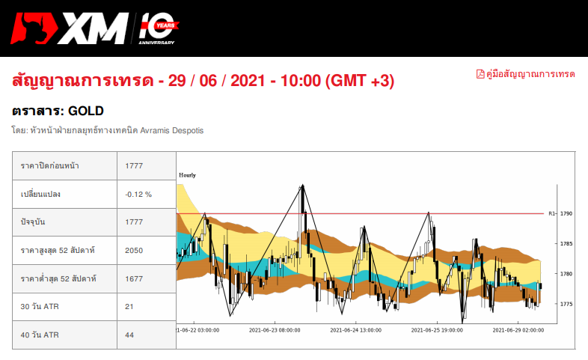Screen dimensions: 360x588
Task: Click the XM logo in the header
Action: [x=71, y=29]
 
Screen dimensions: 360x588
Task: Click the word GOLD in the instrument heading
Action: [x=85, y=111]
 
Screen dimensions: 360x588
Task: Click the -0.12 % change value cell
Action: [x=138, y=194]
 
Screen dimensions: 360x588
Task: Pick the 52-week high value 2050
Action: [x=134, y=250]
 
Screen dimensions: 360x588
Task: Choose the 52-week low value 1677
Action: [x=134, y=278]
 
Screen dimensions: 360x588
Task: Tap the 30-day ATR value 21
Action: [x=129, y=306]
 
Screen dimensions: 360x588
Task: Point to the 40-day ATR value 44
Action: [x=129, y=335]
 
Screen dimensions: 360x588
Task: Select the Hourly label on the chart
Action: [x=187, y=175]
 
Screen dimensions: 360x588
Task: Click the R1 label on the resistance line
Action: [x=551, y=213]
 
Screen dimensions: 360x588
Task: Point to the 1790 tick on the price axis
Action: [x=566, y=213]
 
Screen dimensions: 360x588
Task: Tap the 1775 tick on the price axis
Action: [x=566, y=304]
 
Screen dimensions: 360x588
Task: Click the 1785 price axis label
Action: [x=566, y=244]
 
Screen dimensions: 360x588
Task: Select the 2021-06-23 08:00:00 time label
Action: [x=274, y=329]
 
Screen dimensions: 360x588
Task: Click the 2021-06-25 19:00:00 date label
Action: [x=435, y=329]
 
